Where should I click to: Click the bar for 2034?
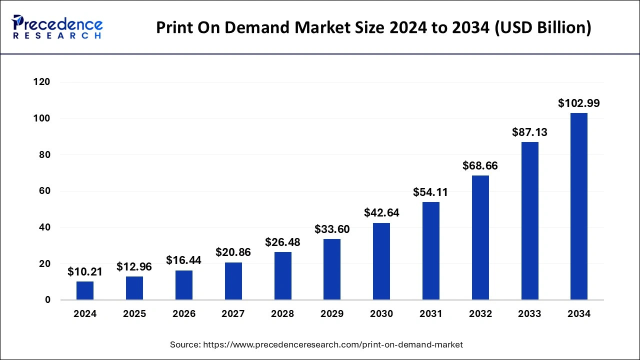[579, 206]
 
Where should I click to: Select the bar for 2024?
[85, 290]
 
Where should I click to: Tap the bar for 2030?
[381, 261]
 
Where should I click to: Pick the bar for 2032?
[480, 237]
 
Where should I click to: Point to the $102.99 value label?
[579, 103]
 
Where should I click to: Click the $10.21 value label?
[85, 272]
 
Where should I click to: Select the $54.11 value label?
[430, 192]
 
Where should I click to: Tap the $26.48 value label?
[282, 242]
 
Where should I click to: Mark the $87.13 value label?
[529, 132]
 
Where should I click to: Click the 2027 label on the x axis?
[233, 314]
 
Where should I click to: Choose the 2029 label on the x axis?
[332, 314]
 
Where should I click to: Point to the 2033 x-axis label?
[529, 314]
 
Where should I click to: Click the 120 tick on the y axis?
[42, 82]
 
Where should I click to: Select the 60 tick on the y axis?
[45, 191]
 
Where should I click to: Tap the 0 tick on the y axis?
[47, 300]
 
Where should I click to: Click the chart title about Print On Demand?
[373, 27]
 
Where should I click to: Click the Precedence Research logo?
[57, 27]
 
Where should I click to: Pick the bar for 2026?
[184, 285]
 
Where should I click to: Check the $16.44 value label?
[184, 260]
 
